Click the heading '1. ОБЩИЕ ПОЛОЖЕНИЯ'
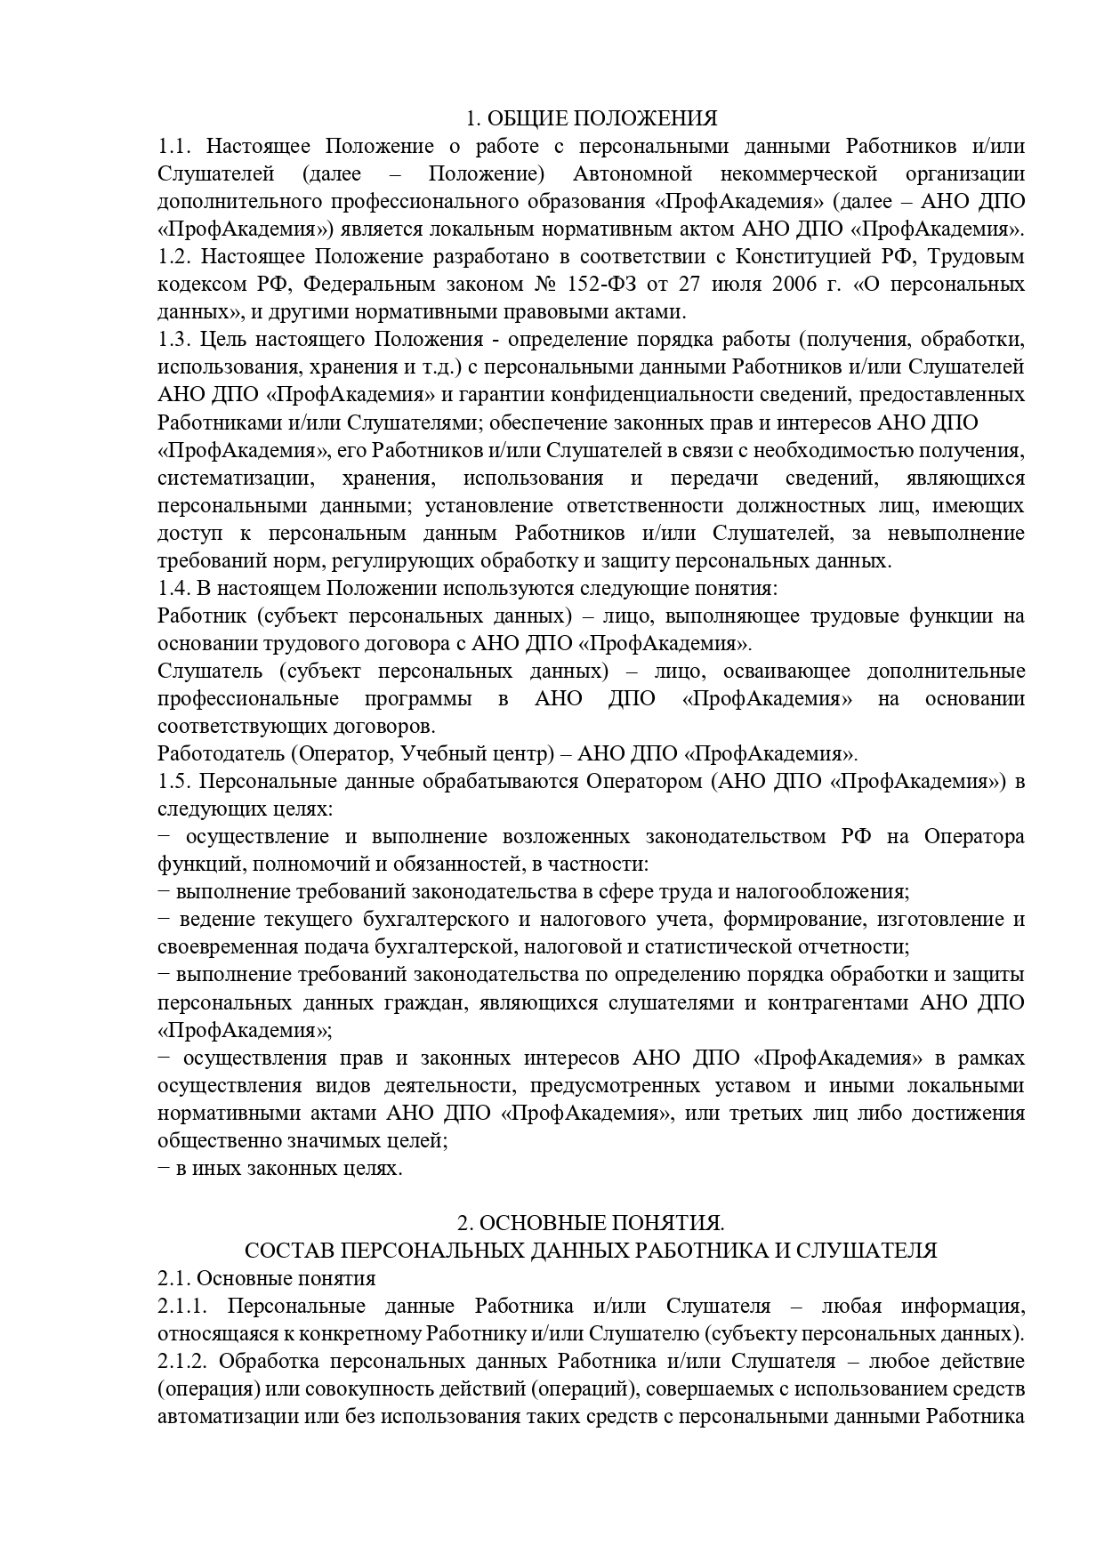click(592, 118)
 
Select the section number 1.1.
click(175, 146)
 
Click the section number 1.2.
click(175, 256)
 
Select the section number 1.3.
click(175, 339)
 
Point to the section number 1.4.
click(175, 588)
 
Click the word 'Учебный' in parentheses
click(445, 754)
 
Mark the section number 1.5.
click(175, 782)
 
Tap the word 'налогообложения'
click(831, 891)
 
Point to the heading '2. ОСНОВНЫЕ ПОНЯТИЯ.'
click(591, 1223)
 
